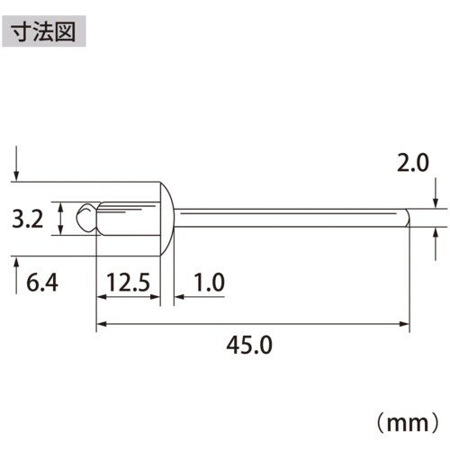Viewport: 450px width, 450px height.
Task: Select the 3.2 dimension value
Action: coord(29,219)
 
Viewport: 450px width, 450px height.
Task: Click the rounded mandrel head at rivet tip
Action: coord(85,218)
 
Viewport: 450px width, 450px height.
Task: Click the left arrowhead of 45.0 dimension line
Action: coord(102,323)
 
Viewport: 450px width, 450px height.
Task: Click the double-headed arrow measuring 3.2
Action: coord(60,219)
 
